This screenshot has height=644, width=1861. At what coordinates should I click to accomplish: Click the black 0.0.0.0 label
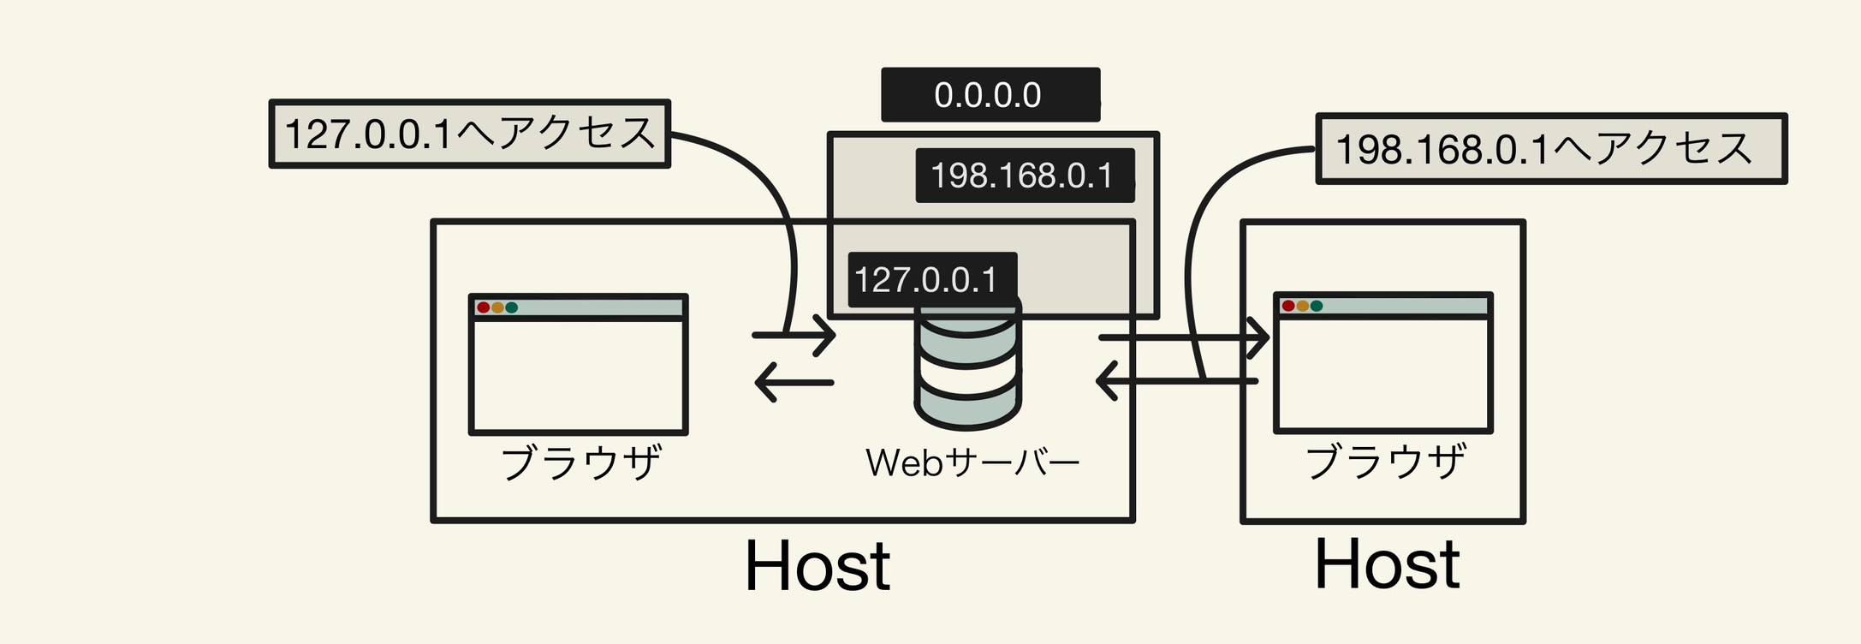pyautogui.click(x=990, y=95)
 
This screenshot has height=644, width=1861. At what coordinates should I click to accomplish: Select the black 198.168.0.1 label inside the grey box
pyautogui.click(x=1024, y=176)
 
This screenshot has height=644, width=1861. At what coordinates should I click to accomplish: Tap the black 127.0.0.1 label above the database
pyautogui.click(x=931, y=280)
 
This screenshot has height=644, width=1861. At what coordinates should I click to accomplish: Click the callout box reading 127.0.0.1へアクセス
pyautogui.click(x=469, y=134)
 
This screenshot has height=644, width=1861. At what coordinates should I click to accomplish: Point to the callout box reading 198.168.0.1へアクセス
pyautogui.click(x=1549, y=149)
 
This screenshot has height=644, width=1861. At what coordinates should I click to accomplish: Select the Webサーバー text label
pyautogui.click(x=972, y=463)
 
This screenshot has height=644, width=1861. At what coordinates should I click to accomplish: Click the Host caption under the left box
pyautogui.click(x=818, y=566)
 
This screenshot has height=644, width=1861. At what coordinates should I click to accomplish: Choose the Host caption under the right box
pyautogui.click(x=1387, y=564)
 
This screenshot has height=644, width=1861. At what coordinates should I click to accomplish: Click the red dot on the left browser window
pyautogui.click(x=484, y=307)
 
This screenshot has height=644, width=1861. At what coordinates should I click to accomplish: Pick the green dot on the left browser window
pyautogui.click(x=512, y=307)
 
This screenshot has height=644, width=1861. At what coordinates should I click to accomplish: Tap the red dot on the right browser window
pyautogui.click(x=1288, y=306)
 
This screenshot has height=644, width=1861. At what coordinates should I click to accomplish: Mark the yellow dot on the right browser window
pyautogui.click(x=1302, y=306)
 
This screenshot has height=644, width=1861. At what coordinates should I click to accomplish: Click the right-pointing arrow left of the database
pyautogui.click(x=794, y=335)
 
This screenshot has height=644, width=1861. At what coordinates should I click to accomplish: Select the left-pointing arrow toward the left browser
pyautogui.click(x=793, y=382)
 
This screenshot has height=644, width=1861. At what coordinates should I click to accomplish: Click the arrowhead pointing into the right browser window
pyautogui.click(x=1258, y=337)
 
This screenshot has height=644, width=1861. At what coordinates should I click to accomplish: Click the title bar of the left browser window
pyautogui.click(x=599, y=307)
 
